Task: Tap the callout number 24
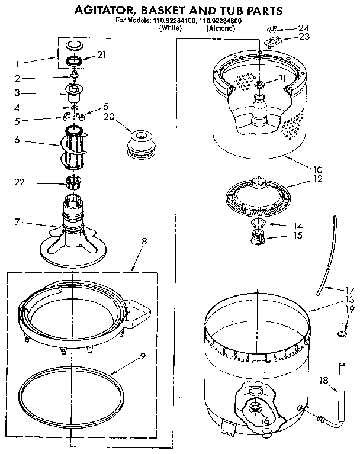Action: (x=304, y=28)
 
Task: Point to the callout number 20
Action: (x=108, y=116)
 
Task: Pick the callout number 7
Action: (x=18, y=222)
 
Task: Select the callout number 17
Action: (x=350, y=290)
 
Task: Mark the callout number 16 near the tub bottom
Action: (x=264, y=421)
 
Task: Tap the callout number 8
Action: (x=144, y=241)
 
